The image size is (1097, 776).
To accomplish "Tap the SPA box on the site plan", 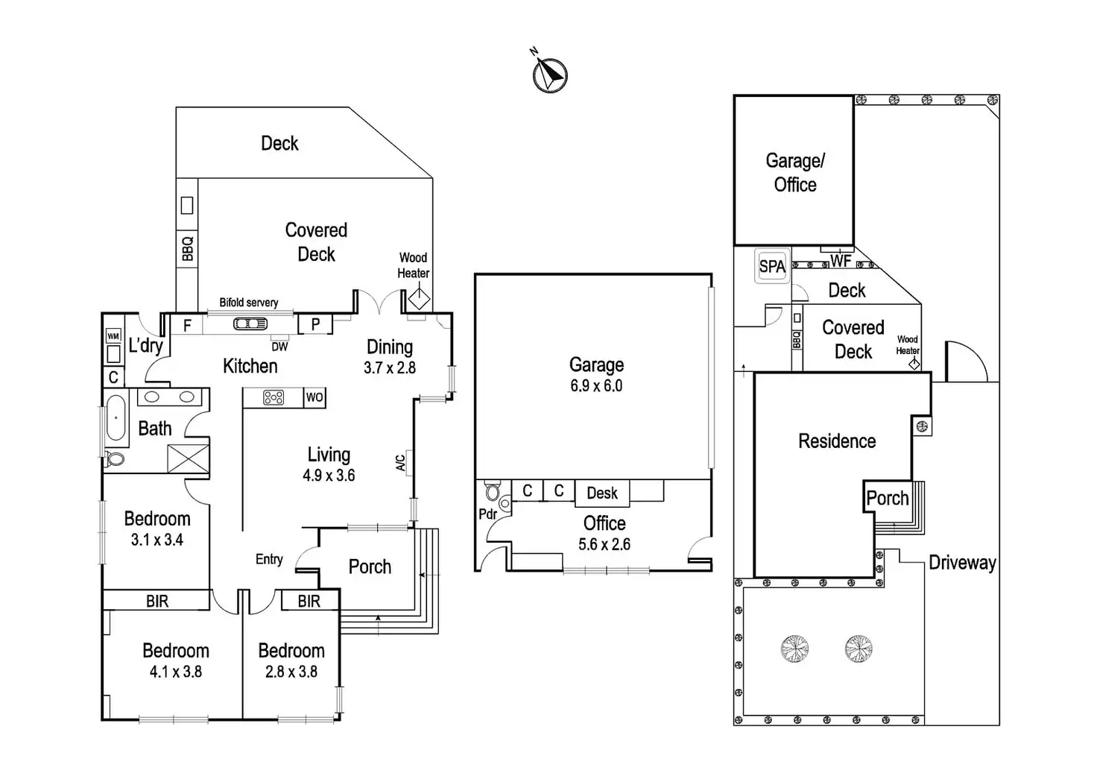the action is tap(772, 266).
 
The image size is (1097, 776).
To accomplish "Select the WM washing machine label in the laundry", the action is tap(113, 336).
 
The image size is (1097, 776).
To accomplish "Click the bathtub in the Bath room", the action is tap(116, 418).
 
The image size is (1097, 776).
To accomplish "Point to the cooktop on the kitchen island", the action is tap(274, 397).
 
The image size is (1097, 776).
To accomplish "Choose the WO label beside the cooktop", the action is tap(314, 397).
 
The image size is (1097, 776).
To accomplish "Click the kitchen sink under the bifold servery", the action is tap(250, 324).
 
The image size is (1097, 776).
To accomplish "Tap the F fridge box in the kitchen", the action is tap(186, 325).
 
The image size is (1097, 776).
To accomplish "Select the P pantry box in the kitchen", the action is tap(315, 324).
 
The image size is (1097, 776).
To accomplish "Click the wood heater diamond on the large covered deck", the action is tap(420, 299).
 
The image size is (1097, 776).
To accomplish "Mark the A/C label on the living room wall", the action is tap(401, 463).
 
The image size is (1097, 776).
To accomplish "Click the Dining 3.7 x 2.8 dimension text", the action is tap(390, 368).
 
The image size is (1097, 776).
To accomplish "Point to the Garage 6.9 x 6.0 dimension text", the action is tap(596, 385).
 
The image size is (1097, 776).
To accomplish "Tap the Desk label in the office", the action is tap(602, 493).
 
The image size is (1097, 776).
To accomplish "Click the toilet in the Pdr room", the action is tap(493, 490).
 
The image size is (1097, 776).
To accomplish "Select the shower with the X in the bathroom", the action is tap(189, 458).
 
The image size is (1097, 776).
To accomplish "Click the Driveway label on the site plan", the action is tap(962, 563).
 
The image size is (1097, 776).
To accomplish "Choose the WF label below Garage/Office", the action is tap(841, 261).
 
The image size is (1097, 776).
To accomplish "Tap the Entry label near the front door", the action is tap(269, 560).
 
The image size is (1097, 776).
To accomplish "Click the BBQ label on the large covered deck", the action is tap(188, 249).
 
